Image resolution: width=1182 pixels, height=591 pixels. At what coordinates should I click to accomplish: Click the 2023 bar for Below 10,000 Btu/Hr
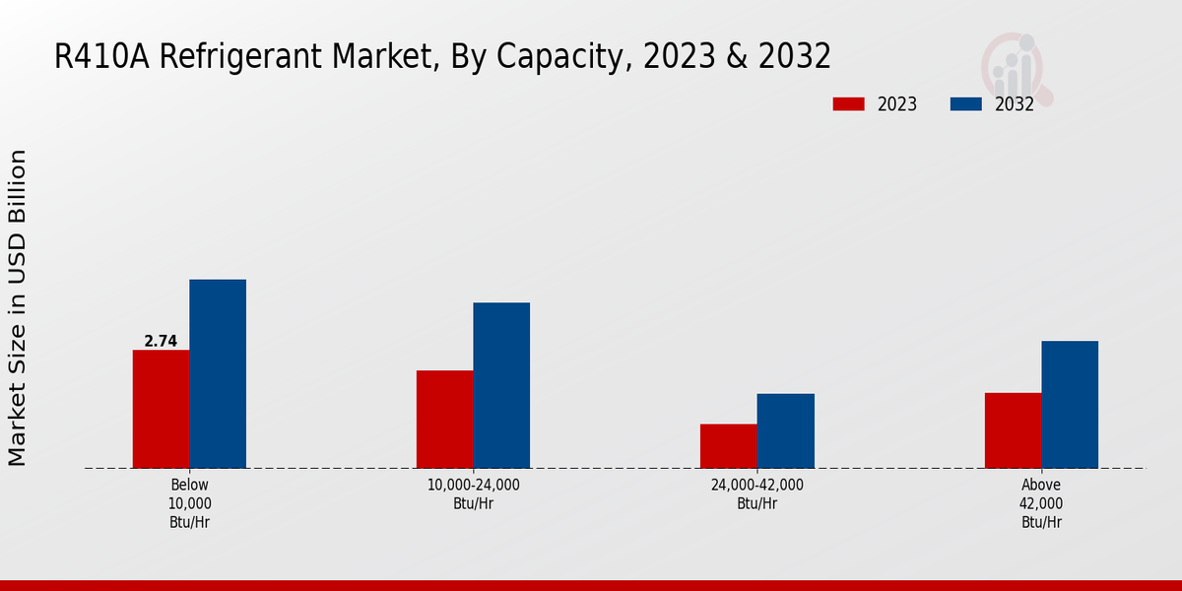(161, 409)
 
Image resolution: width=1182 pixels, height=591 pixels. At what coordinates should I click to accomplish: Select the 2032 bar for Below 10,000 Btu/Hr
(218, 374)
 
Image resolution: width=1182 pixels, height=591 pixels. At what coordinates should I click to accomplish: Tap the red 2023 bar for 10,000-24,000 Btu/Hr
(444, 419)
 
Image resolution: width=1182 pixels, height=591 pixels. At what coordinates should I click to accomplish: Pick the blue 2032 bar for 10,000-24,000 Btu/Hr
(501, 385)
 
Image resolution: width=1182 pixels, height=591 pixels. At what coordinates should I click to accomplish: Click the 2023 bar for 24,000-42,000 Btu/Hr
(729, 446)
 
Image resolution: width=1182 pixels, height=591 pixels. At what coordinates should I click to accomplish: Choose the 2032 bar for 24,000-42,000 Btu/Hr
(786, 430)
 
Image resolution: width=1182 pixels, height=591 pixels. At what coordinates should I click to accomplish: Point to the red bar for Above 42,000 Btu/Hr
(1013, 430)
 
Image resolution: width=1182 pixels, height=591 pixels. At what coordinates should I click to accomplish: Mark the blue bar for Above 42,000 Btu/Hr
(1070, 404)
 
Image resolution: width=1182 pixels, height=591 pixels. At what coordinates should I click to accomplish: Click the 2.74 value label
(161, 342)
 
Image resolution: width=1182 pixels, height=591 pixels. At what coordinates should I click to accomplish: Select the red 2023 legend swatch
(848, 104)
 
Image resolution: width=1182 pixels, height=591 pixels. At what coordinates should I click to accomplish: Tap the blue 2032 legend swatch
(965, 104)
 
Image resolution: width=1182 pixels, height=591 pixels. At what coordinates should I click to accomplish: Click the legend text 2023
(897, 104)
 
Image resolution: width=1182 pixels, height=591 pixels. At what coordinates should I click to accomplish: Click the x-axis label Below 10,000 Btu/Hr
(189, 503)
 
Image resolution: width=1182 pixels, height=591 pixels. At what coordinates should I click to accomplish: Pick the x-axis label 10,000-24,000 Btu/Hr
(474, 493)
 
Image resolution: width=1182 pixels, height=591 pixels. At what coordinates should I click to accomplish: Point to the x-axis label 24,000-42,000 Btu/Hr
(757, 493)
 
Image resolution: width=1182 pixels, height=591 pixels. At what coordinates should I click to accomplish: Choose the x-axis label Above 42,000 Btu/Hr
(1041, 503)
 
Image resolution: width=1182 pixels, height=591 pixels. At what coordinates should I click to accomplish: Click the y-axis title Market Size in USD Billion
(18, 307)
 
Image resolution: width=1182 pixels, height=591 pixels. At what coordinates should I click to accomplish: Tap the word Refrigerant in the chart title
(238, 56)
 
